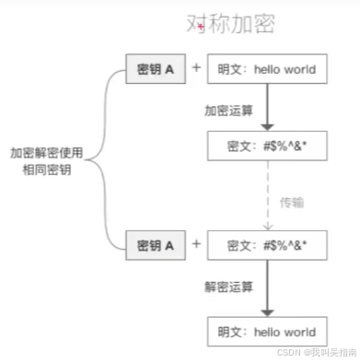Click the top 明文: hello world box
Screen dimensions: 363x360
coord(266,69)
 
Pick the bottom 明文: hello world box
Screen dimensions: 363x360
coord(266,332)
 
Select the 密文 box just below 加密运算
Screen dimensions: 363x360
coord(266,146)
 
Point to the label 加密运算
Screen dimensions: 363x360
coord(229,109)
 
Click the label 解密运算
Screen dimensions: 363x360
coord(229,286)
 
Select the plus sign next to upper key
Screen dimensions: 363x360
coord(195,68)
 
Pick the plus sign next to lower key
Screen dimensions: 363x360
coord(195,243)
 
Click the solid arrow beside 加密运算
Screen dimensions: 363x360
coord(266,107)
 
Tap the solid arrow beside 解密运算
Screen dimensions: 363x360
coord(266,287)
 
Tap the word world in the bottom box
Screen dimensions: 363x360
coord(300,332)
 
